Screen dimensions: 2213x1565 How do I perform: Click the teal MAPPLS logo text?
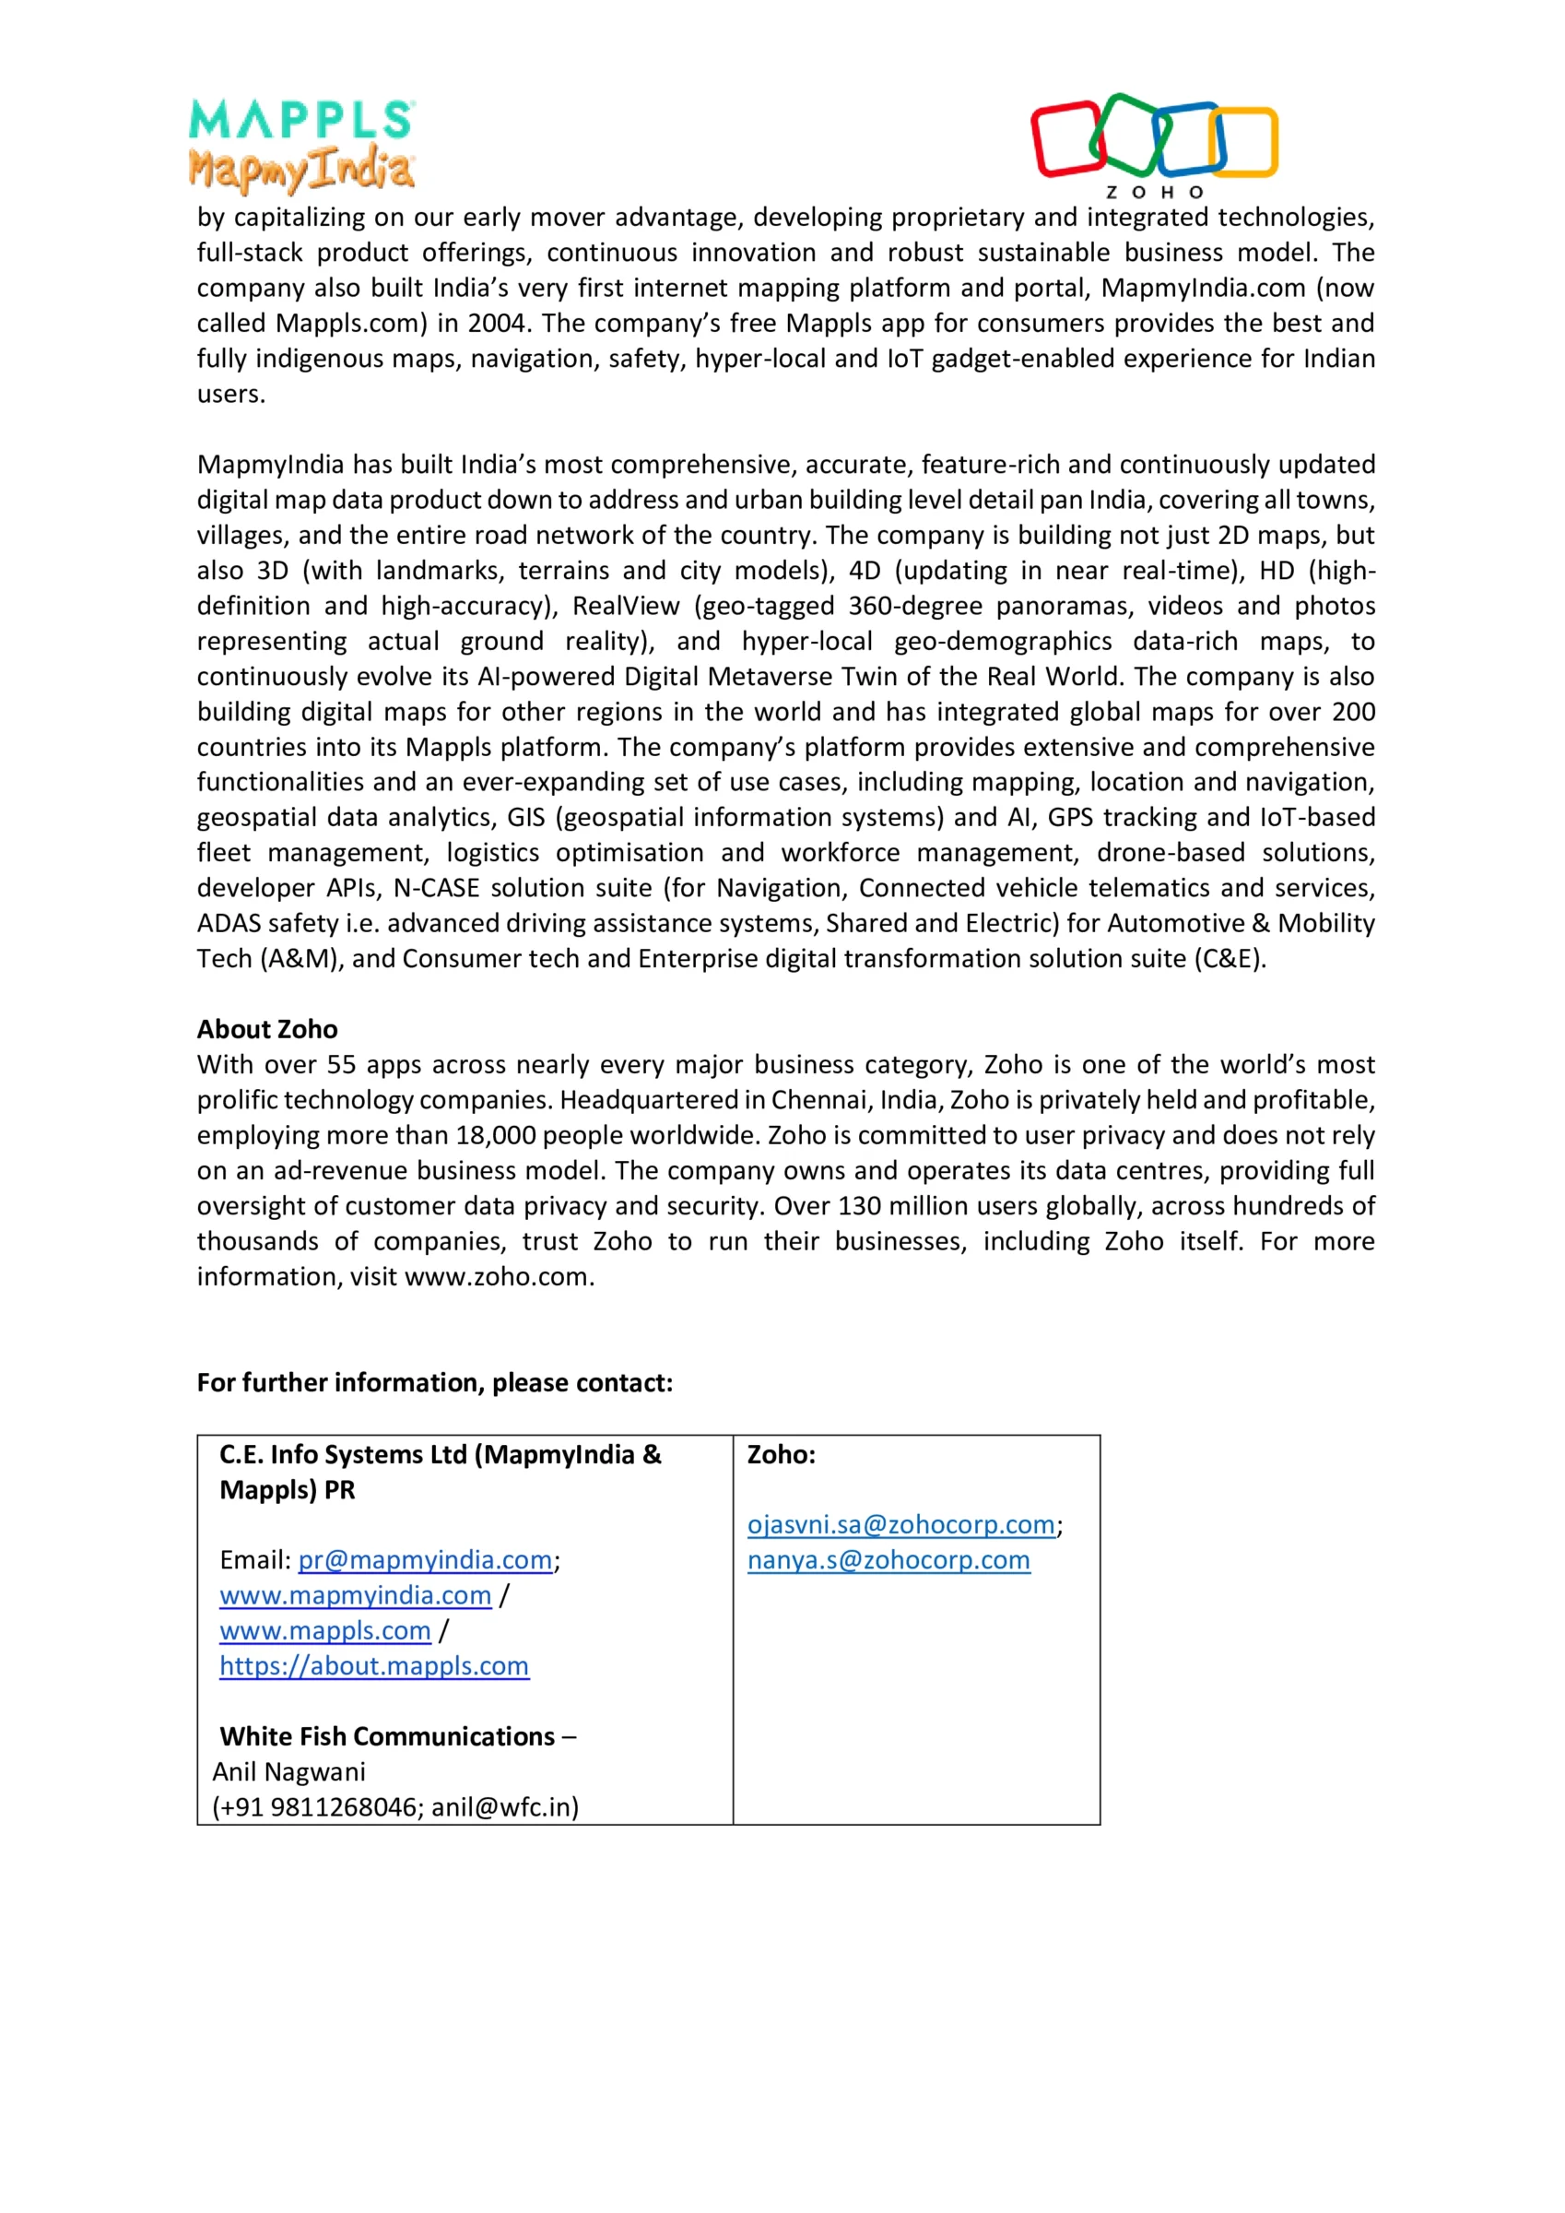300,120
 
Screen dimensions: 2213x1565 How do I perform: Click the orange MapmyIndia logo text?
300,169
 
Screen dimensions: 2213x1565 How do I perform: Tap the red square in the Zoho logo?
1066,139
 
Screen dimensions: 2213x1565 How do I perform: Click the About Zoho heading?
267,1029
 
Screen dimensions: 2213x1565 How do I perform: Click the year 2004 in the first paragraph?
496,323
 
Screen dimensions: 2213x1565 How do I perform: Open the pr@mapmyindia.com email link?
425,1560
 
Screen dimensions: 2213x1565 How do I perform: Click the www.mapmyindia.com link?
355,1596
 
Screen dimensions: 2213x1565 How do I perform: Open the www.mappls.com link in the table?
324,1631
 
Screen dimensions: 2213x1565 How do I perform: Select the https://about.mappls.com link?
374,1666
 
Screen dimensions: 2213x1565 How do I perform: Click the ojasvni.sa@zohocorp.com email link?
901,1525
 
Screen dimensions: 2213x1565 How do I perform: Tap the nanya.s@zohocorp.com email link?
888,1560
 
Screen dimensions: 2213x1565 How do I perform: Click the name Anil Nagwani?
289,1772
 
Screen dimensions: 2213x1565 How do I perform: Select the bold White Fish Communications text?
387,1737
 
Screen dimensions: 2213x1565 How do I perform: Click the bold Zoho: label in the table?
782,1454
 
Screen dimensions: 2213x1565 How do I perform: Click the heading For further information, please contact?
435,1383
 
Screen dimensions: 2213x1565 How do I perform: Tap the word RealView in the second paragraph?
627,606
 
